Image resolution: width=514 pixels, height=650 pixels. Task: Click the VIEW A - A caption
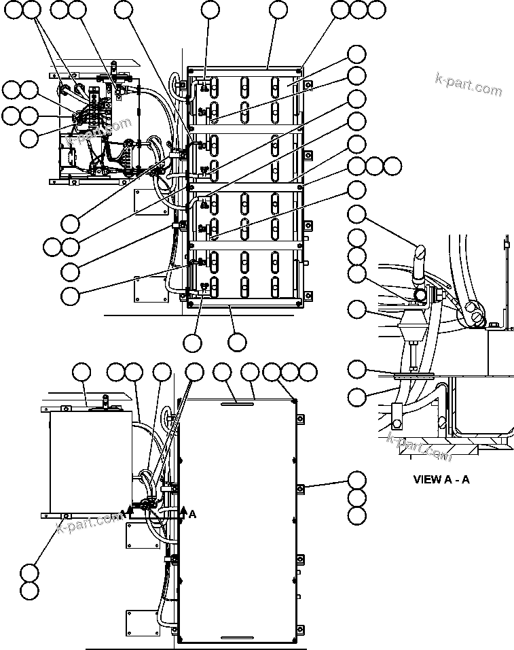(x=441, y=479)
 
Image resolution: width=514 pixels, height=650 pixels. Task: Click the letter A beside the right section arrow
(x=192, y=515)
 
